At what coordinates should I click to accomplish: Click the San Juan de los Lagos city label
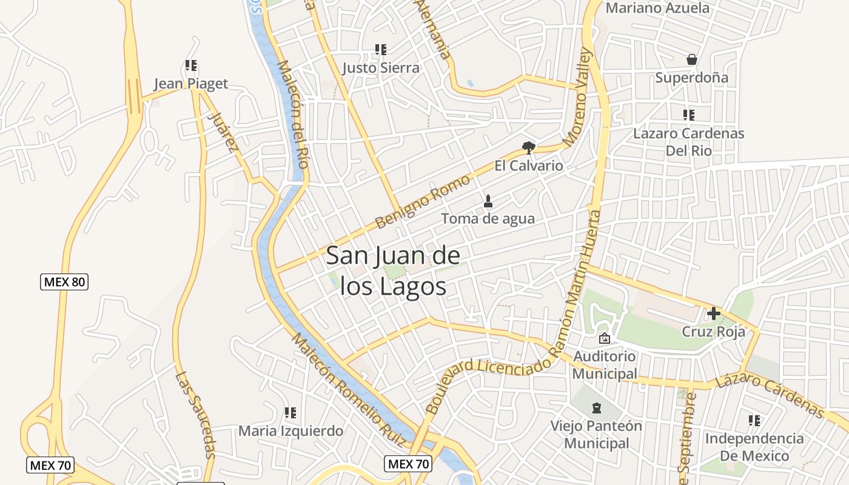[x=393, y=271]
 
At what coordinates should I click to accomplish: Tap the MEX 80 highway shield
[x=64, y=282]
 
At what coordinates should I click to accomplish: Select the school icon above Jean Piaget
[x=191, y=65]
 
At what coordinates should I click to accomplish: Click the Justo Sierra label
[x=381, y=68]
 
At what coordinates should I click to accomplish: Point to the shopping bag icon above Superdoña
[x=691, y=59]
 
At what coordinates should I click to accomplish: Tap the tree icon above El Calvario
[x=529, y=147]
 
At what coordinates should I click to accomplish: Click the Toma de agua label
[x=488, y=218]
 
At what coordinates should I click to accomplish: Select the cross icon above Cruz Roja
[x=713, y=313]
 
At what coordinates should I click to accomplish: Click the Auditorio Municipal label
[x=605, y=365]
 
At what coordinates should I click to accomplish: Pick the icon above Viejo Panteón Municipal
[x=597, y=407]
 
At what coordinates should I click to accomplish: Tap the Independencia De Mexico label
[x=754, y=447]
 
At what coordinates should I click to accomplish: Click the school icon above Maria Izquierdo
[x=290, y=413]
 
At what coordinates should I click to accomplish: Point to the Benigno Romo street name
[x=423, y=201]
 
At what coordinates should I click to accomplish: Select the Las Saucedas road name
[x=196, y=415]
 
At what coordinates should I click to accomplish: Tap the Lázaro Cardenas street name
[x=770, y=396]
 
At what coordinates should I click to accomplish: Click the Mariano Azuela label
[x=657, y=8]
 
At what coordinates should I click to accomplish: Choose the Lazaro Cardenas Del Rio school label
[x=688, y=141]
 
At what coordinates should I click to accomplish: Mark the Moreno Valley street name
[x=577, y=98]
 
